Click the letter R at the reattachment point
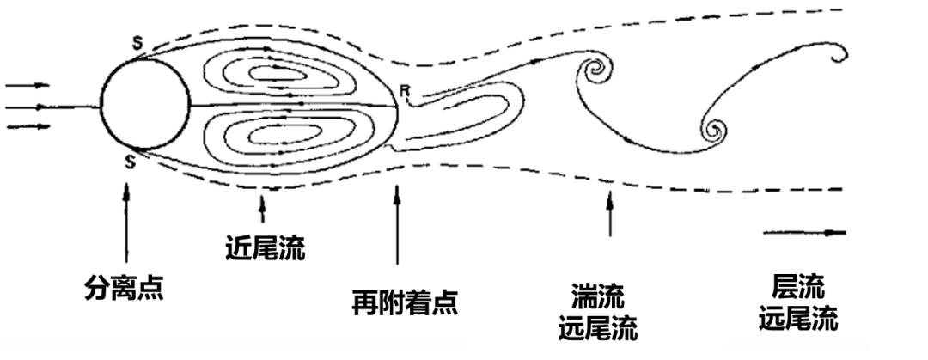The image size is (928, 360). coord(405,88)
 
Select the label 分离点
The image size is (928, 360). coord(125,286)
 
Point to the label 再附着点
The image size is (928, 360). coord(405,302)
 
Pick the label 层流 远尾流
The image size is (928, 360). coord(798,302)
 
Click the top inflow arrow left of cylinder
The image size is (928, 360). coord(27,85)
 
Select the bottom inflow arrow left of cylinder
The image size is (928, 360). coord(27,127)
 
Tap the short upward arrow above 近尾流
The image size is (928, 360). coord(262,206)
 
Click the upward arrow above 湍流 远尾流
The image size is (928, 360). coord(610,214)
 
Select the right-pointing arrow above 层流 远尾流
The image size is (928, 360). coord(804,232)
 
